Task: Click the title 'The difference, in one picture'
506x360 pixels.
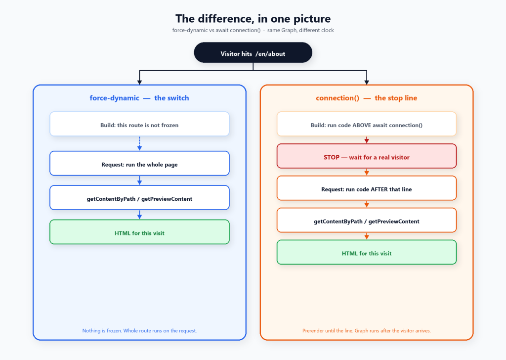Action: (x=253, y=19)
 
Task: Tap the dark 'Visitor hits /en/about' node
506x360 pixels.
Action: (x=253, y=52)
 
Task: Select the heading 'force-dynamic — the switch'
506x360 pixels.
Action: (x=139, y=98)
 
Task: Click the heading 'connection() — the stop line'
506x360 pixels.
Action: (x=367, y=98)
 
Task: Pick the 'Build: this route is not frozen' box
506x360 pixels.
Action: (x=139, y=124)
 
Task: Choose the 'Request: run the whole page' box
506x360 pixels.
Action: (x=139, y=163)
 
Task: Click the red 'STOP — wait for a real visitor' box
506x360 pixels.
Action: (x=367, y=156)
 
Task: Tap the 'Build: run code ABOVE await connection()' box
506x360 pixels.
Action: (x=367, y=124)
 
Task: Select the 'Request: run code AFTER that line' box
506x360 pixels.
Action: (x=367, y=188)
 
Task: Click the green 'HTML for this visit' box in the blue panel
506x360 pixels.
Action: (x=139, y=232)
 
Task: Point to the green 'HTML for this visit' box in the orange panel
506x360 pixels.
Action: (x=367, y=252)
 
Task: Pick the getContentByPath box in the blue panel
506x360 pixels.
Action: (x=139, y=198)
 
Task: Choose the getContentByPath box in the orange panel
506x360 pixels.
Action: (x=367, y=220)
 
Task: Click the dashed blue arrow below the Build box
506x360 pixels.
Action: (x=139, y=143)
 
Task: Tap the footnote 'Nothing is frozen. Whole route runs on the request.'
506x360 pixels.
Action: (x=139, y=331)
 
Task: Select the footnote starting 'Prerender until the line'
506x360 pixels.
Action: (x=367, y=331)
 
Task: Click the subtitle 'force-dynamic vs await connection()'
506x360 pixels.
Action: (x=216, y=30)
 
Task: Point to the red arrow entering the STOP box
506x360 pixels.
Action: (x=367, y=140)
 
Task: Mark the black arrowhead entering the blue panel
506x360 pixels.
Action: (x=139, y=82)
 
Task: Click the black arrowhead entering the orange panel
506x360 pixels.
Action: (x=367, y=82)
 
